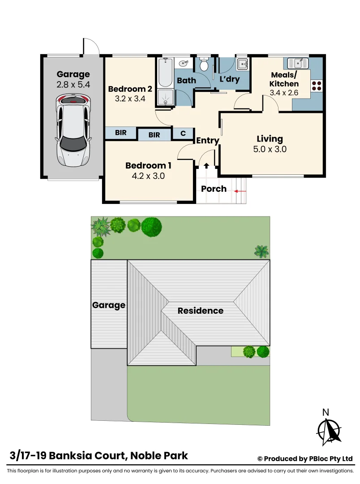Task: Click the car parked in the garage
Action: (72, 130)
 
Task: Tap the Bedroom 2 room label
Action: (127, 89)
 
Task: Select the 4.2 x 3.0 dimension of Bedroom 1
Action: (148, 176)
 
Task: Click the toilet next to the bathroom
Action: (204, 65)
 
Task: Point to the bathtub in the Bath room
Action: (165, 73)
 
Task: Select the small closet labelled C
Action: (183, 133)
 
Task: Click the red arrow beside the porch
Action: (240, 191)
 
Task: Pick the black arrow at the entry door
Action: (206, 166)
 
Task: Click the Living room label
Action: (270, 139)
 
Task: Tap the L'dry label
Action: (229, 80)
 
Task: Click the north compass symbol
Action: (329, 431)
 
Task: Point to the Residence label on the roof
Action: (200, 311)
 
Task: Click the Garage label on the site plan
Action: (108, 305)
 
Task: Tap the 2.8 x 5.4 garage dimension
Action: (73, 84)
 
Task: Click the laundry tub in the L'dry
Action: (242, 64)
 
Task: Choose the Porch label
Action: (214, 189)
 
